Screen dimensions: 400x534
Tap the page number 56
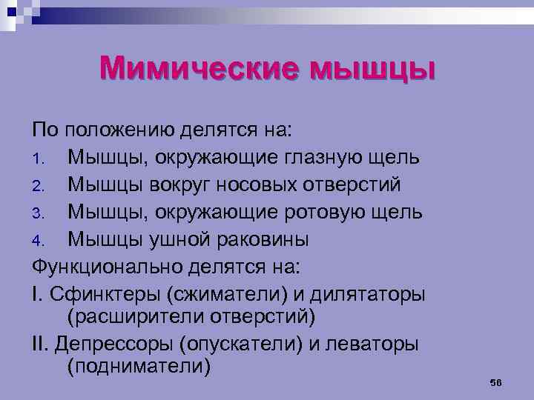click(497, 382)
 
